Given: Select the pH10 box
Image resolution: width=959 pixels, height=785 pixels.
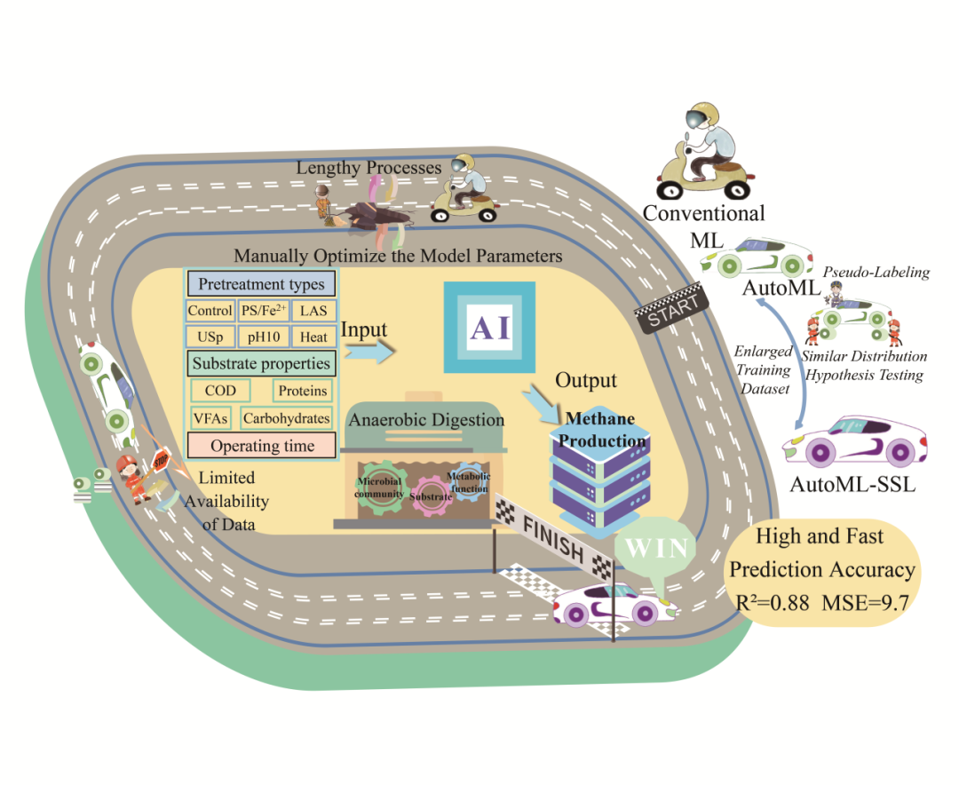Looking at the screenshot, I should [x=263, y=337].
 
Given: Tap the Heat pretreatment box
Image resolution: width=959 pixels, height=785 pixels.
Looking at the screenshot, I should [x=313, y=337].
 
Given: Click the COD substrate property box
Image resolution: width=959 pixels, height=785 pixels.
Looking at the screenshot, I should [x=221, y=391].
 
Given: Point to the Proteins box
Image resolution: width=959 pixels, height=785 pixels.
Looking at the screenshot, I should [x=302, y=391].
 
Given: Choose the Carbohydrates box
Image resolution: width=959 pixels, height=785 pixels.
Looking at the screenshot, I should [x=286, y=418].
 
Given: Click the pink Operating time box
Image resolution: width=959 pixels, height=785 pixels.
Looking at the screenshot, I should [x=262, y=446].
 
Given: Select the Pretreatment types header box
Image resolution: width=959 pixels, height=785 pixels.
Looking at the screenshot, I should [x=260, y=285].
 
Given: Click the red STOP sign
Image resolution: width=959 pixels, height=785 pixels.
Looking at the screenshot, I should [x=162, y=462].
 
